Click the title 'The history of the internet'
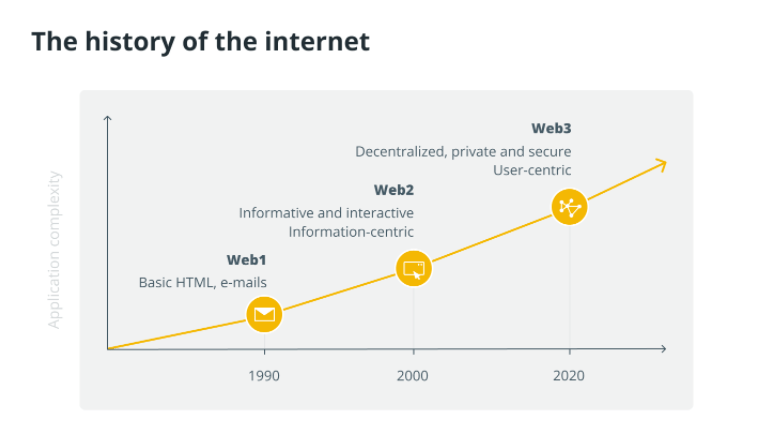pos(200,42)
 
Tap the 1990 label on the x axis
pos(264,376)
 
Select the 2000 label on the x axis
pos(412,376)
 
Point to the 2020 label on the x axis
pos(569,376)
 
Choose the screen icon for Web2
pos(413,268)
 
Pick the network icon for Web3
pos(569,208)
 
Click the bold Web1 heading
pos(246,260)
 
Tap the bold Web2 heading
pos(393,190)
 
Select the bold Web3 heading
pos(551,129)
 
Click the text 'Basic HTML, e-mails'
pos(202,283)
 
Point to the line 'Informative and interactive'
pos(326,213)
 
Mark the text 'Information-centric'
pos(351,232)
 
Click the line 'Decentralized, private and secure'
pos(463,152)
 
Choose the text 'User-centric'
pos(532,171)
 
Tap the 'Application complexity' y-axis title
pos(55,250)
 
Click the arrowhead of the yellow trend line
pos(661,162)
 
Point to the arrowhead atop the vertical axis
pos(107,119)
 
